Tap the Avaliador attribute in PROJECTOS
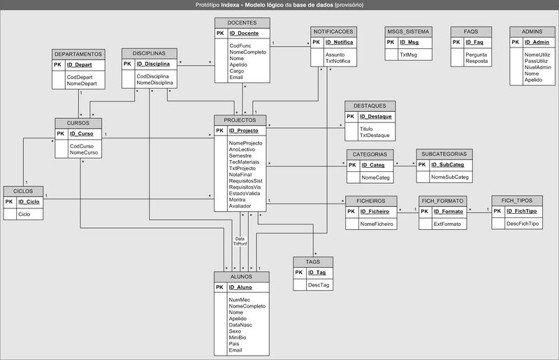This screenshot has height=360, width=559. click(x=240, y=206)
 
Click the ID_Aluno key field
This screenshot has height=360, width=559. click(x=240, y=287)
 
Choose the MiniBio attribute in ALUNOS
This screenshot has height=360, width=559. click(x=238, y=337)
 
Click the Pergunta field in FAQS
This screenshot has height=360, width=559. click(x=476, y=55)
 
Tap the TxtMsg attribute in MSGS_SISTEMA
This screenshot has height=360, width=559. click(x=407, y=55)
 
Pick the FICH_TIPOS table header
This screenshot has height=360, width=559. click(x=516, y=200)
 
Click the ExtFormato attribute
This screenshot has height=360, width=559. click(x=448, y=224)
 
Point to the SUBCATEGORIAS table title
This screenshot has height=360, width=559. click(x=445, y=153)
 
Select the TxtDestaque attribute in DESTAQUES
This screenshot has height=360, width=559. click(x=375, y=135)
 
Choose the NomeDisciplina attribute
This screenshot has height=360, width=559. click(x=155, y=82)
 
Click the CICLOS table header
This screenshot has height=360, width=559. click(x=23, y=191)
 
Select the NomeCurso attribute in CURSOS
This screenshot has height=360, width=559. click(x=84, y=152)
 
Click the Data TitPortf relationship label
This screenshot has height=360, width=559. click(x=240, y=241)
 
